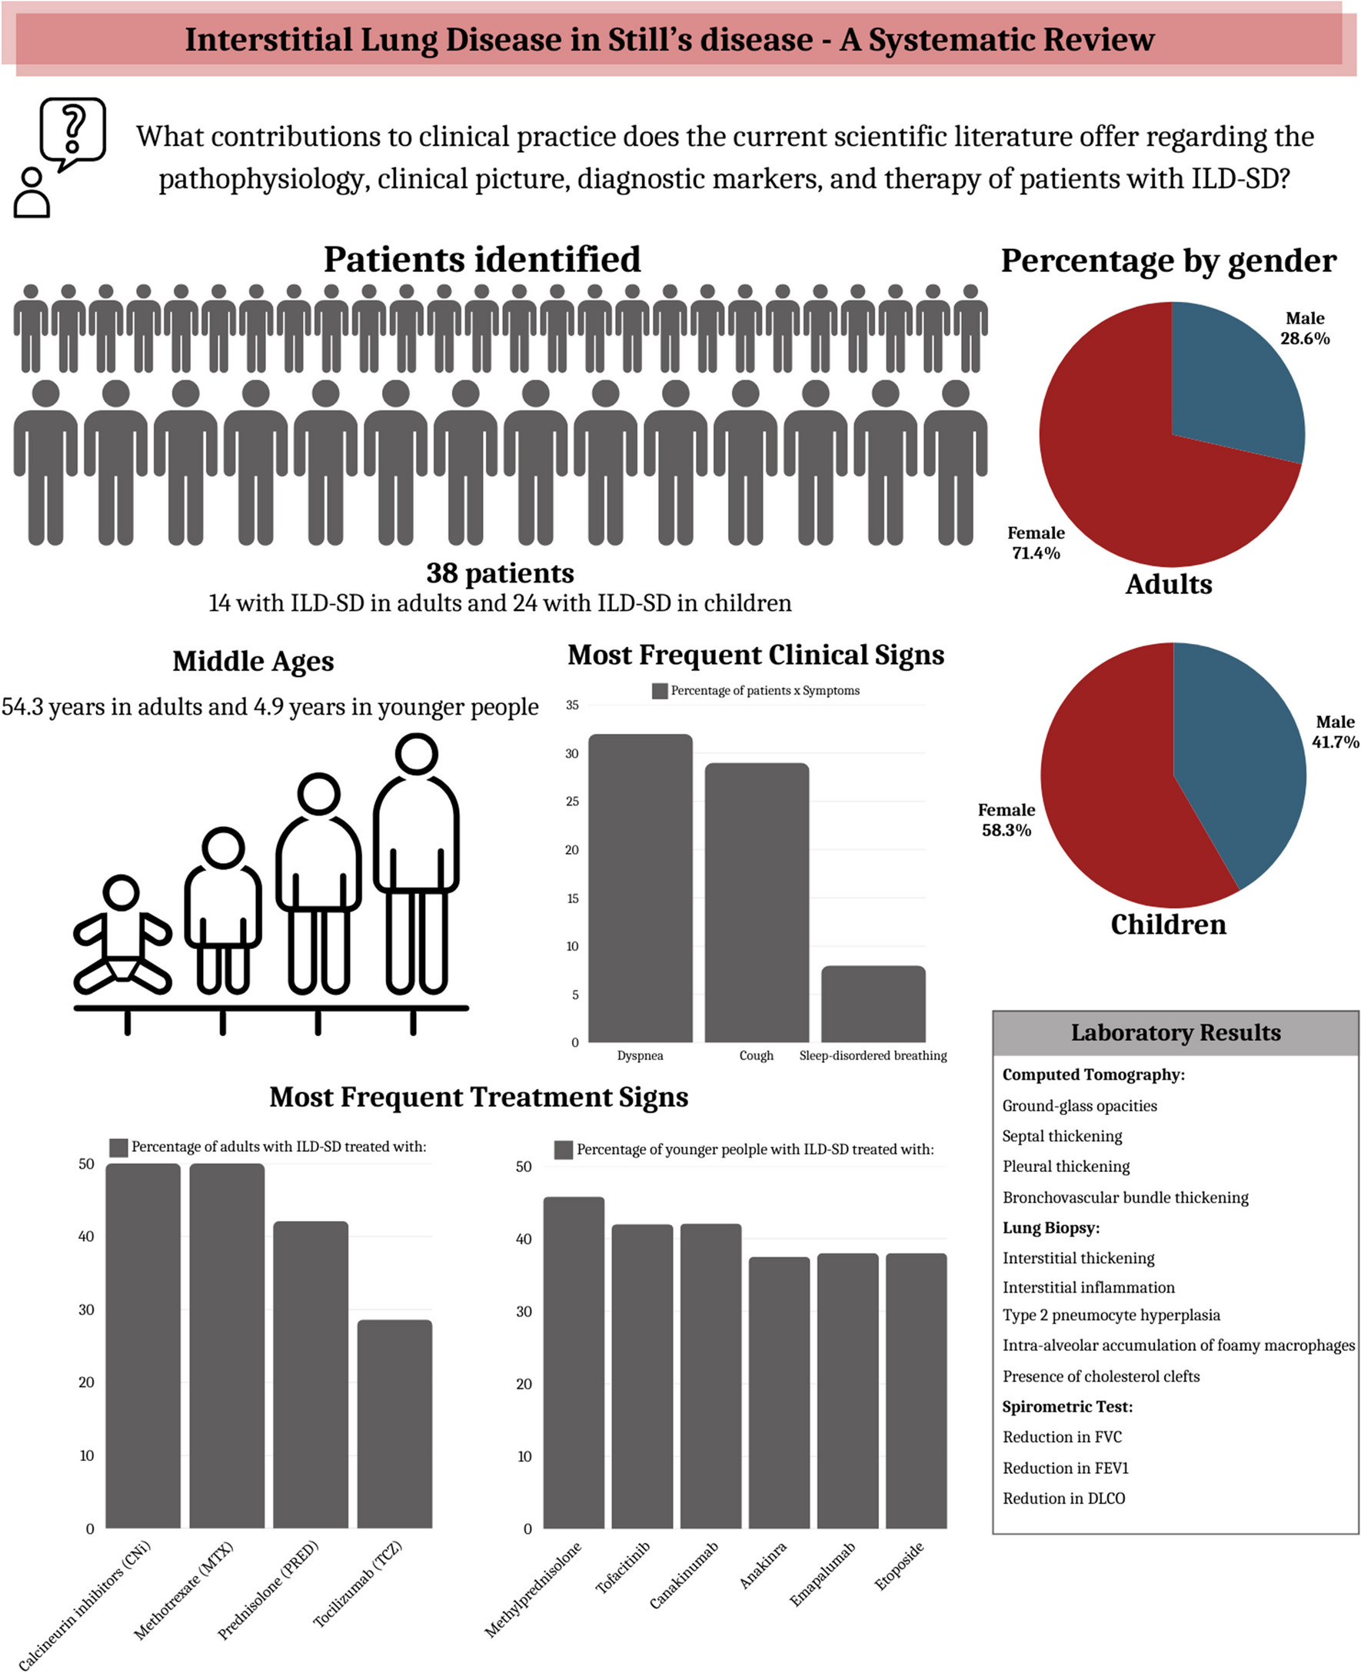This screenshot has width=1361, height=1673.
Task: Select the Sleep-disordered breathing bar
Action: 873,1004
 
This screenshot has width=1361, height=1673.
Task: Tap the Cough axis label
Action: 756,1055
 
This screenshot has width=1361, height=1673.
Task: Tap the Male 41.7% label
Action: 1334,731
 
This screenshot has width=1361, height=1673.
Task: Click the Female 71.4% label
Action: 1036,543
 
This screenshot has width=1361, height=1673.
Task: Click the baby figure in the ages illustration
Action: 121,937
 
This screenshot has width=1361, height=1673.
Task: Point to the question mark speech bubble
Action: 72,131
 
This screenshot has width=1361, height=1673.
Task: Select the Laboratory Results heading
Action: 1175,1033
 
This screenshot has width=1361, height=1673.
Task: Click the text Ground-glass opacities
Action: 1079,1106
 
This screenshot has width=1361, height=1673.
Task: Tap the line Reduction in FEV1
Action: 1065,1468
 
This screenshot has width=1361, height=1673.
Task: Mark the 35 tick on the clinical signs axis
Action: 572,705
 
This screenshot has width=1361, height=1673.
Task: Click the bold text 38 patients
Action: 499,573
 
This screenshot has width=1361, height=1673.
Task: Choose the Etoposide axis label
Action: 899,1565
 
